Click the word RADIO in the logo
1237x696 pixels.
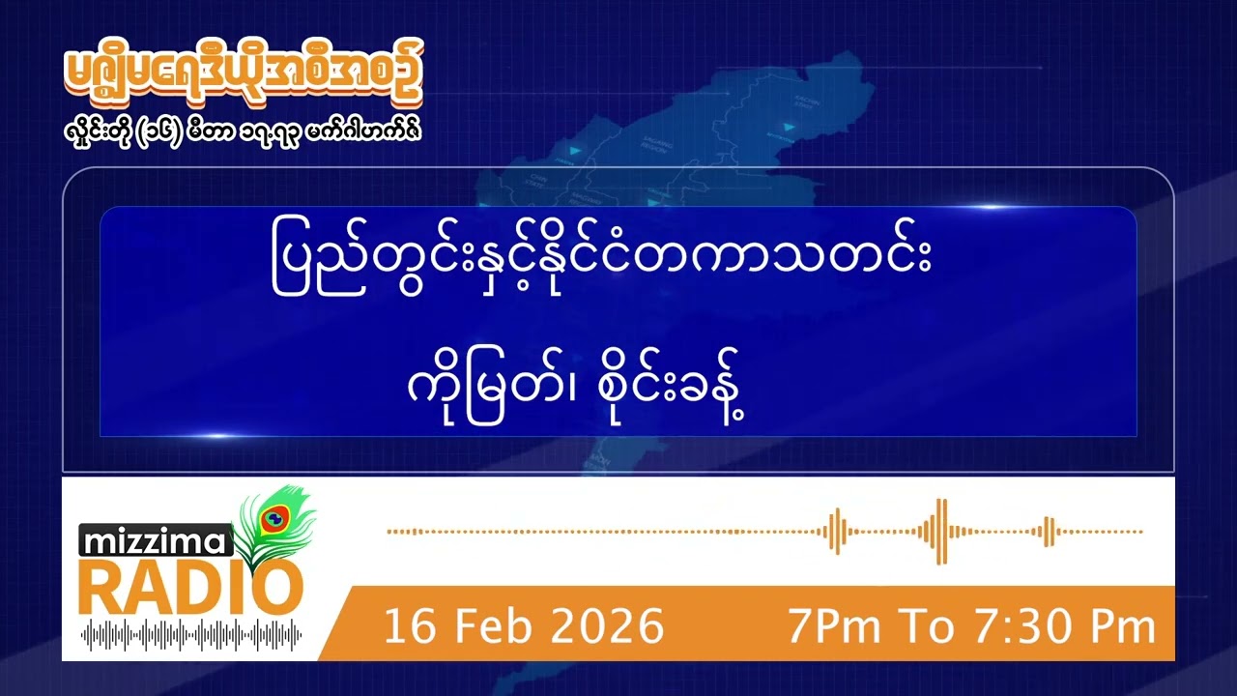(190, 587)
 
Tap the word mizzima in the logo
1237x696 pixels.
(156, 542)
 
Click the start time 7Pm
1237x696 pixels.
(834, 626)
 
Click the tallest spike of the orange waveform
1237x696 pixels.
(941, 531)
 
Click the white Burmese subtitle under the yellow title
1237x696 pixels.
(241, 129)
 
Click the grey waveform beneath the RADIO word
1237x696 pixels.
(191, 635)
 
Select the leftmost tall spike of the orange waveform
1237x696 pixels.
(837, 531)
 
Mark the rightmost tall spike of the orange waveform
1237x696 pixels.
(1048, 531)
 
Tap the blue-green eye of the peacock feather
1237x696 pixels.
(273, 518)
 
